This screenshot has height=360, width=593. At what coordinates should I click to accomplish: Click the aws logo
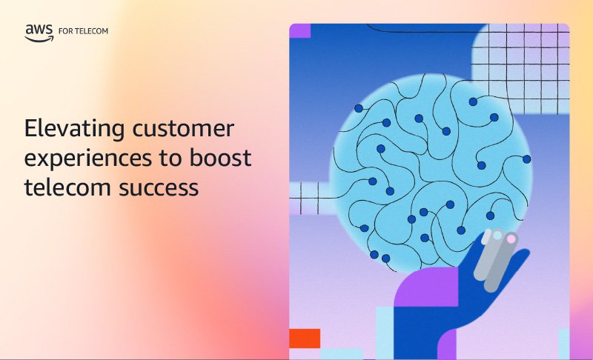pos(39,33)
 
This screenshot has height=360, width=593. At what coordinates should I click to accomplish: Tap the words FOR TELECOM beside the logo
pos(83,31)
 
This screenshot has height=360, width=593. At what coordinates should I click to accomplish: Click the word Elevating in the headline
pos(75,129)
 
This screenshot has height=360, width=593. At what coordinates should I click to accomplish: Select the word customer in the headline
pos(183,128)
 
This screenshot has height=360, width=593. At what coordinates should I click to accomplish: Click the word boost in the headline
pos(220,157)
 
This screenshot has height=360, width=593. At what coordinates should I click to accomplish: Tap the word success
pos(159,187)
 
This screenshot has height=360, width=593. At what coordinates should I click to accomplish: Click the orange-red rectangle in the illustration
pos(305,339)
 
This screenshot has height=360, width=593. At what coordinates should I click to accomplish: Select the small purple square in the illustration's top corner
pos(300,30)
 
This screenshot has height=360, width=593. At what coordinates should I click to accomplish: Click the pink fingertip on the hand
pos(511,239)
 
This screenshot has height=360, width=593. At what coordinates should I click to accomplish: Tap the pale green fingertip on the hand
pos(497,236)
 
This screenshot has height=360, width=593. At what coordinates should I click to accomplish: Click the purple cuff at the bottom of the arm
pos(447,344)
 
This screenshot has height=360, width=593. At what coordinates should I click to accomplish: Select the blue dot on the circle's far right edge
pos(527,159)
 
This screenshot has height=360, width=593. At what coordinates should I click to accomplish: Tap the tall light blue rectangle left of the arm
pos(385,333)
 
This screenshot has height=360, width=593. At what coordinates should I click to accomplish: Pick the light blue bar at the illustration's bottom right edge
pos(563,344)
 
